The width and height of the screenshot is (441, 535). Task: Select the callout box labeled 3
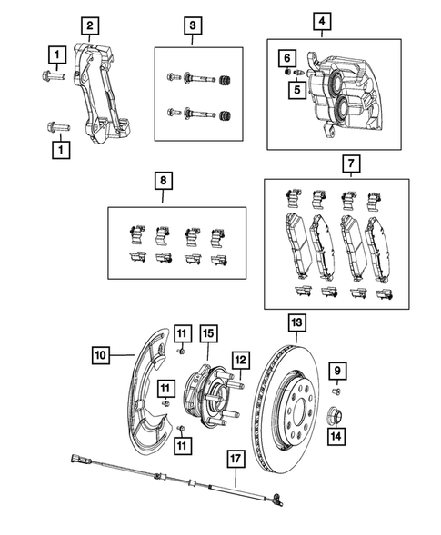tap(194, 25)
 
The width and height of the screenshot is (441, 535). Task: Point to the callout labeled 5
tap(296, 89)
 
